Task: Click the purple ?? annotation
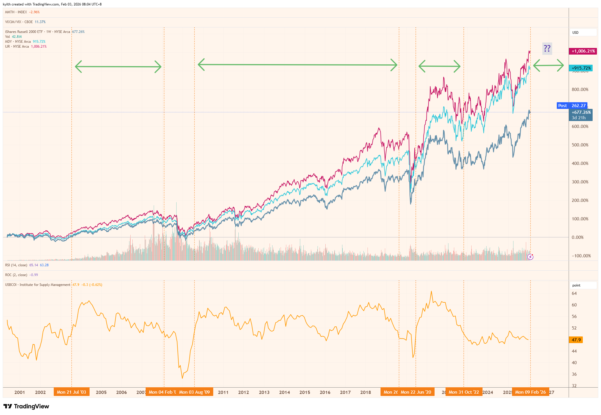click(547, 49)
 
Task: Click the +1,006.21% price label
click(583, 51)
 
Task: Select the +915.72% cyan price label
click(581, 68)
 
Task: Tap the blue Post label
click(562, 106)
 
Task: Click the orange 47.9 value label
click(576, 340)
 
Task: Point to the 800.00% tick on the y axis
click(580, 90)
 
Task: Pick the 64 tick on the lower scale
click(574, 293)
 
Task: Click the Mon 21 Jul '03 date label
click(71, 392)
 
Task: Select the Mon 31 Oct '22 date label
click(463, 392)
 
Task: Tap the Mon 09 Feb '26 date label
click(530, 392)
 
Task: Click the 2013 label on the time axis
click(264, 392)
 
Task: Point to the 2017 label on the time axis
click(345, 392)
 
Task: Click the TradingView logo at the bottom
click(26, 406)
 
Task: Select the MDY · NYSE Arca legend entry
click(18, 42)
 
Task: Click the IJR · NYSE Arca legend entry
click(17, 46)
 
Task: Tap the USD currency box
click(575, 33)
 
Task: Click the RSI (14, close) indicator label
click(16, 265)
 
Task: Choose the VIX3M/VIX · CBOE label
click(19, 22)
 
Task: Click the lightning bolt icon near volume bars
click(530, 257)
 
